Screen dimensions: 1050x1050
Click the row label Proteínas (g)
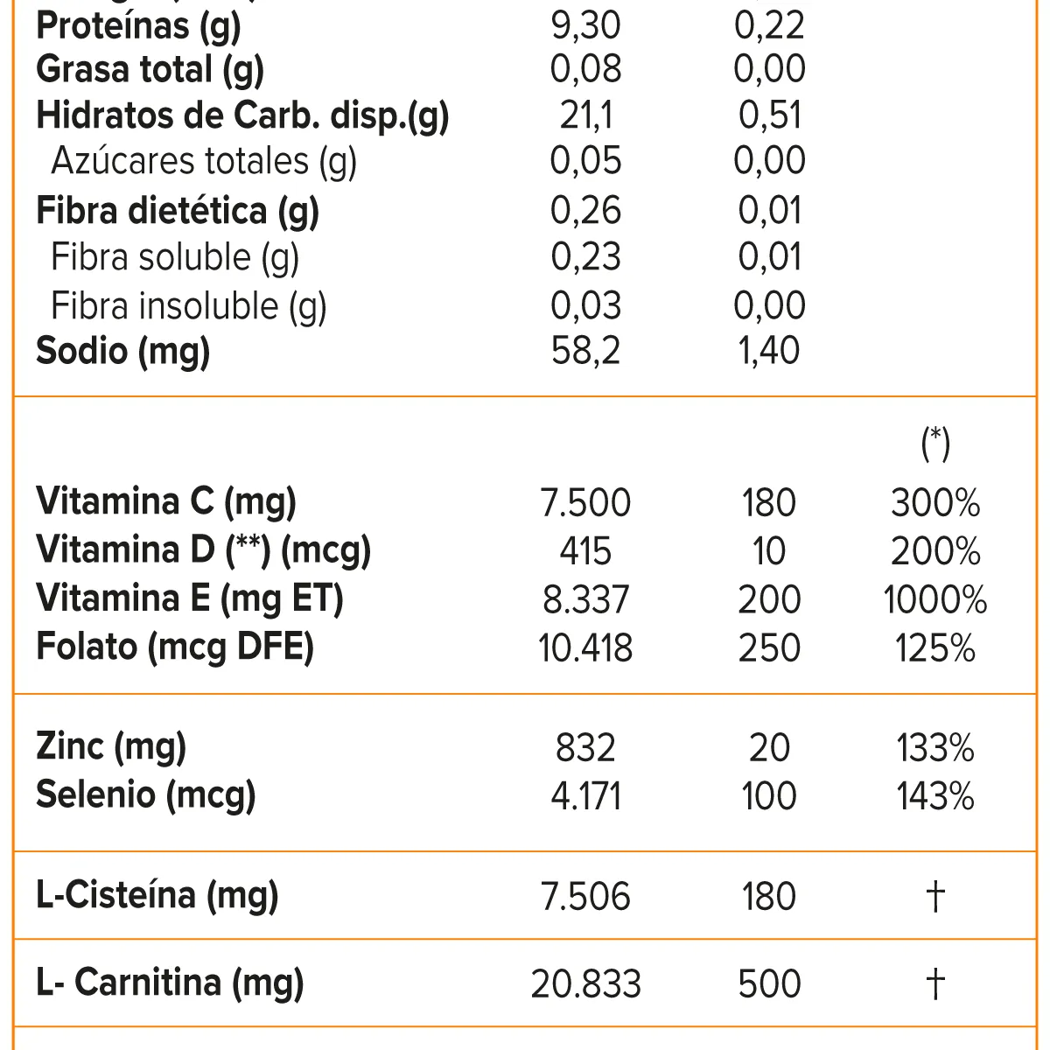tap(138, 26)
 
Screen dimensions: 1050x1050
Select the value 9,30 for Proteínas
tap(585, 26)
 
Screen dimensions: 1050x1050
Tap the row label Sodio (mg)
tap(123, 351)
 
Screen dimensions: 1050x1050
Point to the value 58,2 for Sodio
tap(585, 351)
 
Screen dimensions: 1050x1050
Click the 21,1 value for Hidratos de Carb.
tap(585, 115)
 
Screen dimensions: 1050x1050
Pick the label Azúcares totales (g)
tap(204, 162)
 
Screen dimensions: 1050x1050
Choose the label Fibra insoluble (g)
tap(188, 306)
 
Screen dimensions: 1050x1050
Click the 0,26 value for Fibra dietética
tap(585, 211)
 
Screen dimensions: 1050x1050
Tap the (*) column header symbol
tap(935, 443)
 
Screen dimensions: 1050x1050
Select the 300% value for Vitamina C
tap(935, 503)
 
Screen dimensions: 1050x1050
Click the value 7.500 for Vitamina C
tap(585, 503)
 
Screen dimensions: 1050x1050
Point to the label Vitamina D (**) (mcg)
tap(204, 550)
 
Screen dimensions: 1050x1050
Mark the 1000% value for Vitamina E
tap(935, 600)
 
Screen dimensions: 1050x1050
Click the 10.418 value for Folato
tap(585, 648)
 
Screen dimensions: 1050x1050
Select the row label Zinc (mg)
tap(111, 747)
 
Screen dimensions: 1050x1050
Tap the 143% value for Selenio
tap(935, 796)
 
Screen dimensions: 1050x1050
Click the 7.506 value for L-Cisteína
tap(585, 897)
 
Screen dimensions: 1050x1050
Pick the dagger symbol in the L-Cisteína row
tap(935, 897)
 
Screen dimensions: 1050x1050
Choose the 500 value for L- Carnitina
tap(769, 983)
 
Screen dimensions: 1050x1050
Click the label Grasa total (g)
tap(150, 70)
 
